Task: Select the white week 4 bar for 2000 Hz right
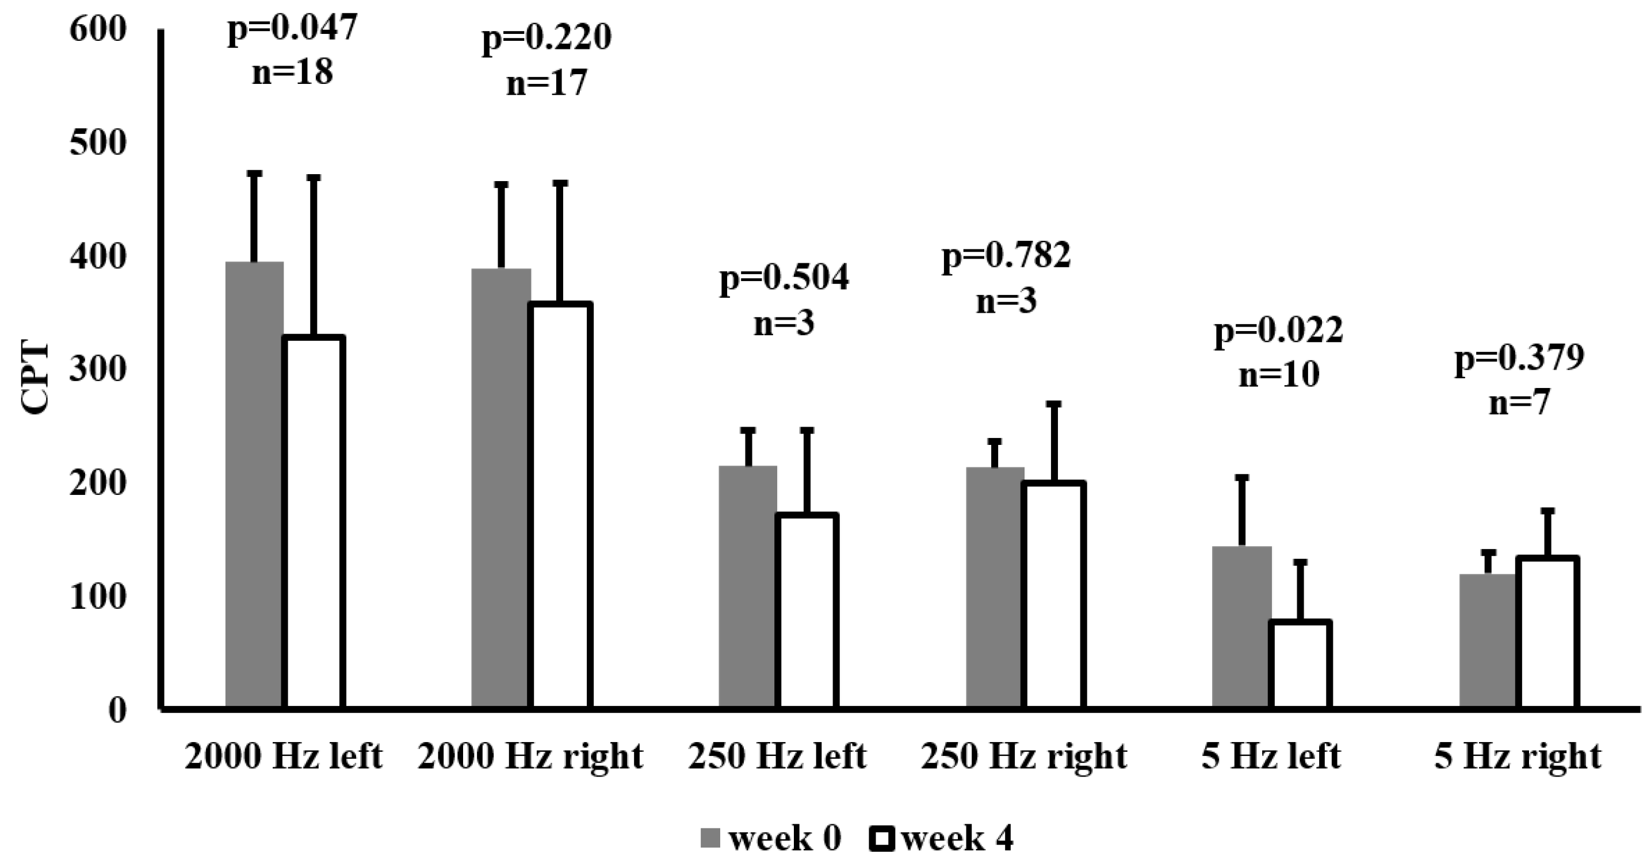[561, 506]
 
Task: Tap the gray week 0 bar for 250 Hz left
[747, 587]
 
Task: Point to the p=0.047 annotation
[292, 28]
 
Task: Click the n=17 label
[546, 83]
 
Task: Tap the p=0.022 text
[1279, 331]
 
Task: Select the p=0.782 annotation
[1006, 255]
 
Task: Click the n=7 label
[1519, 402]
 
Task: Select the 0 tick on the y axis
[117, 710]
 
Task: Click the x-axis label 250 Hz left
[777, 757]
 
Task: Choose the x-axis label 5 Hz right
[1518, 757]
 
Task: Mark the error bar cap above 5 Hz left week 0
[1242, 478]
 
